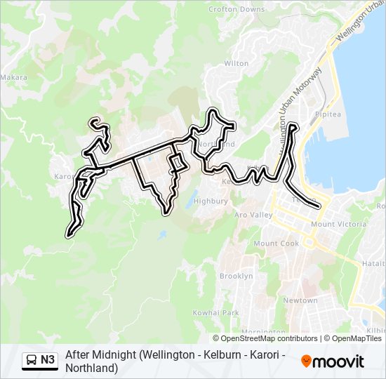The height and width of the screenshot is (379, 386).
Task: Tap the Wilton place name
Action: coord(236,63)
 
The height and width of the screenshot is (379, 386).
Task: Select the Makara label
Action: coord(13,77)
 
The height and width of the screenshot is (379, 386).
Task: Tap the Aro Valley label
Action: coord(253,215)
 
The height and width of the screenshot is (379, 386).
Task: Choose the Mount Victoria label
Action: coord(338,225)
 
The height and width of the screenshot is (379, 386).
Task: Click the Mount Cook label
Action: coord(276,244)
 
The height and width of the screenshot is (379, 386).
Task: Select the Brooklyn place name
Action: coord(236,276)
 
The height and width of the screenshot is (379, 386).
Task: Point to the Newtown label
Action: coord(300,300)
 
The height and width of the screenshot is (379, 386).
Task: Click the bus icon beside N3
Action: coord(32,360)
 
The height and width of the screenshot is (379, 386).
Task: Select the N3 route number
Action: coord(48,360)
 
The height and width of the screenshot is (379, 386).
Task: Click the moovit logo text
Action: coord(339,361)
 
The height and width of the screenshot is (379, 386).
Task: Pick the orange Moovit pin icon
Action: coord(306,361)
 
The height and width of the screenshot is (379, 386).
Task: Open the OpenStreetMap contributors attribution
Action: coord(269,338)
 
